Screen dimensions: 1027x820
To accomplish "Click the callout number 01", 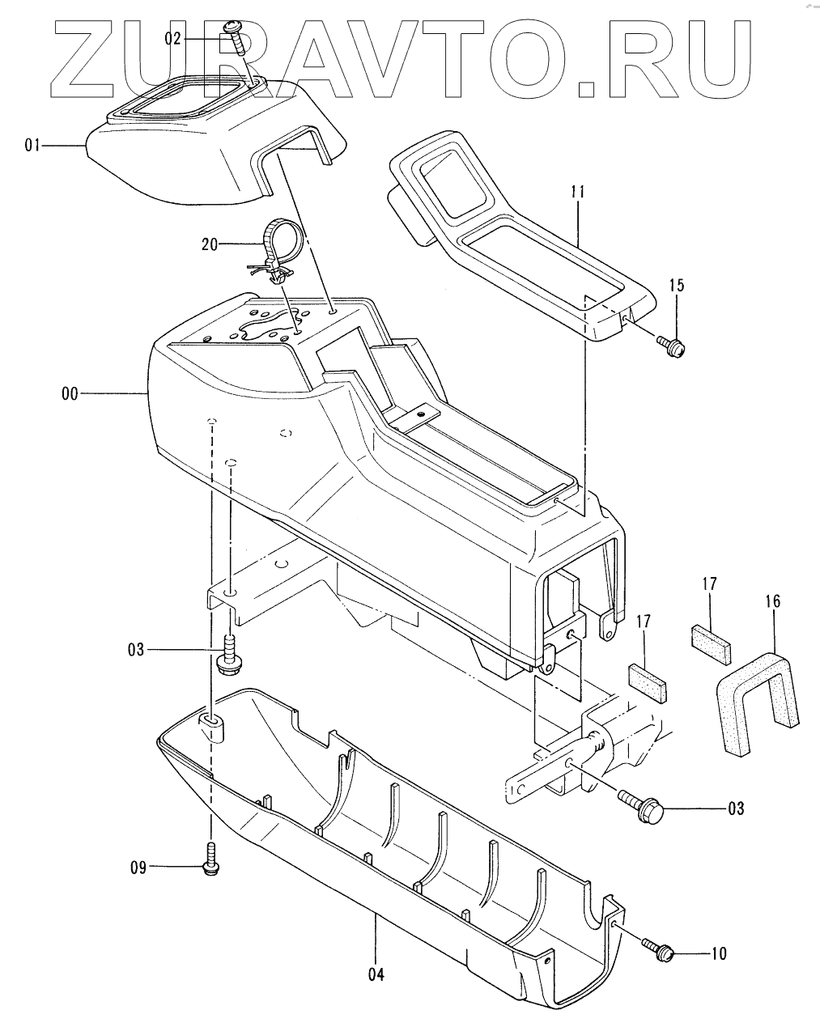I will point(32,146).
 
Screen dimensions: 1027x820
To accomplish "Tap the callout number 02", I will point(174,38).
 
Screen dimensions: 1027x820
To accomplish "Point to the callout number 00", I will point(70,394).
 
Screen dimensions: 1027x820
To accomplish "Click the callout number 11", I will point(577,193).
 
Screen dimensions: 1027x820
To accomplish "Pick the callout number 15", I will point(676,285).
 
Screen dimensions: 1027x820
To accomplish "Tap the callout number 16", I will point(772,600).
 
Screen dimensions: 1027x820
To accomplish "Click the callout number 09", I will point(138,868).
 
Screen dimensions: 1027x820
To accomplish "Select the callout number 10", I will point(719,954).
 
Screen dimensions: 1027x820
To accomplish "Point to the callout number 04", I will point(375,974).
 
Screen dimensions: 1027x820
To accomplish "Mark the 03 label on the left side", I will point(136,649).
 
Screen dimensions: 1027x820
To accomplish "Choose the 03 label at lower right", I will point(734,808).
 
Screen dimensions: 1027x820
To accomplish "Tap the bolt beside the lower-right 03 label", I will point(643,805).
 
